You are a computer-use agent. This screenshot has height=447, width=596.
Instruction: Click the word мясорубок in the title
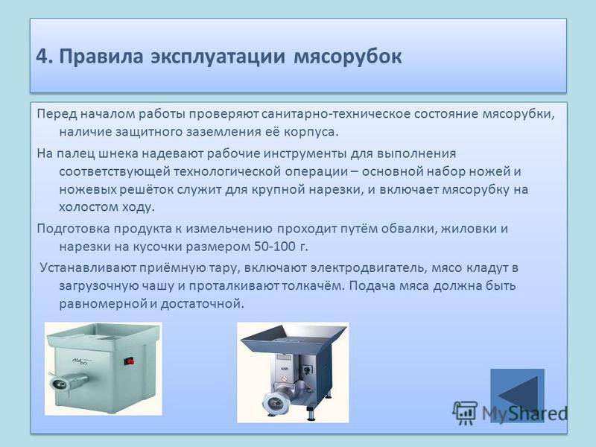click(348, 57)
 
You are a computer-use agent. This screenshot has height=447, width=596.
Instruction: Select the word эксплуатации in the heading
click(218, 57)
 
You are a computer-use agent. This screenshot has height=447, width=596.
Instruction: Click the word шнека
click(118, 153)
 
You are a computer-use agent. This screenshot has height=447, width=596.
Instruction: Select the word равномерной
click(103, 304)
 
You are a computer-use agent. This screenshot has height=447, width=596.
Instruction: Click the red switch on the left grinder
click(129, 361)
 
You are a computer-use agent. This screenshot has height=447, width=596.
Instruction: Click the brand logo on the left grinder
click(81, 361)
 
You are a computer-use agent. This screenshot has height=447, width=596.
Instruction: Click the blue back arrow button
click(517, 396)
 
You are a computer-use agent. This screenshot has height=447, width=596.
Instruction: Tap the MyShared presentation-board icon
click(465, 413)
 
